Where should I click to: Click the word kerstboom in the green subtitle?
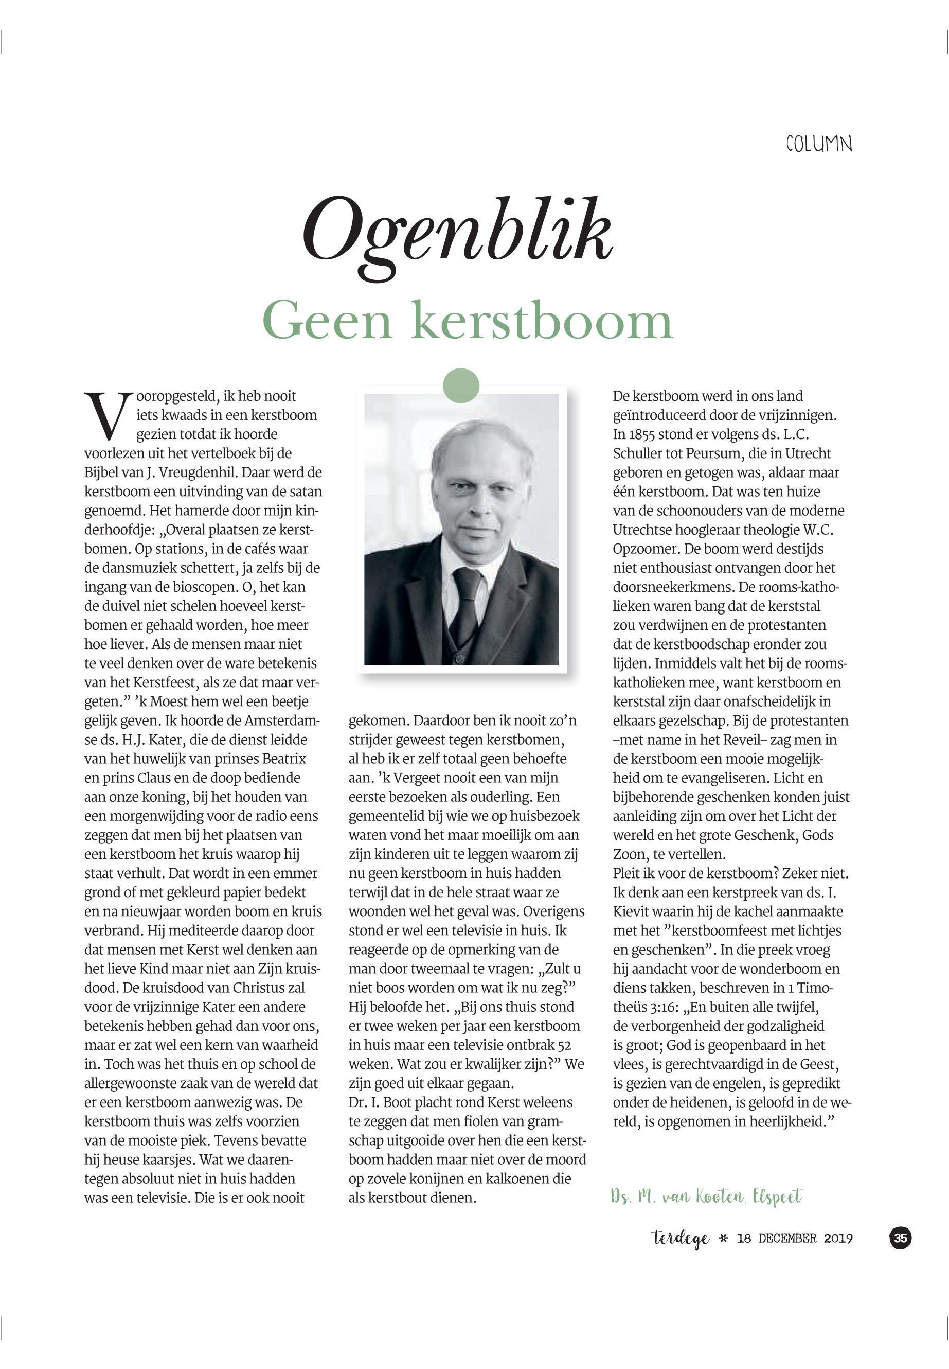click(542, 321)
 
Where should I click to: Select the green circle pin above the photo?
click(461, 385)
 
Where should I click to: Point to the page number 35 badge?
click(900, 1238)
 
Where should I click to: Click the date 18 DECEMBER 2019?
click(794, 1239)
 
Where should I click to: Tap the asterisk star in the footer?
click(723, 1239)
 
